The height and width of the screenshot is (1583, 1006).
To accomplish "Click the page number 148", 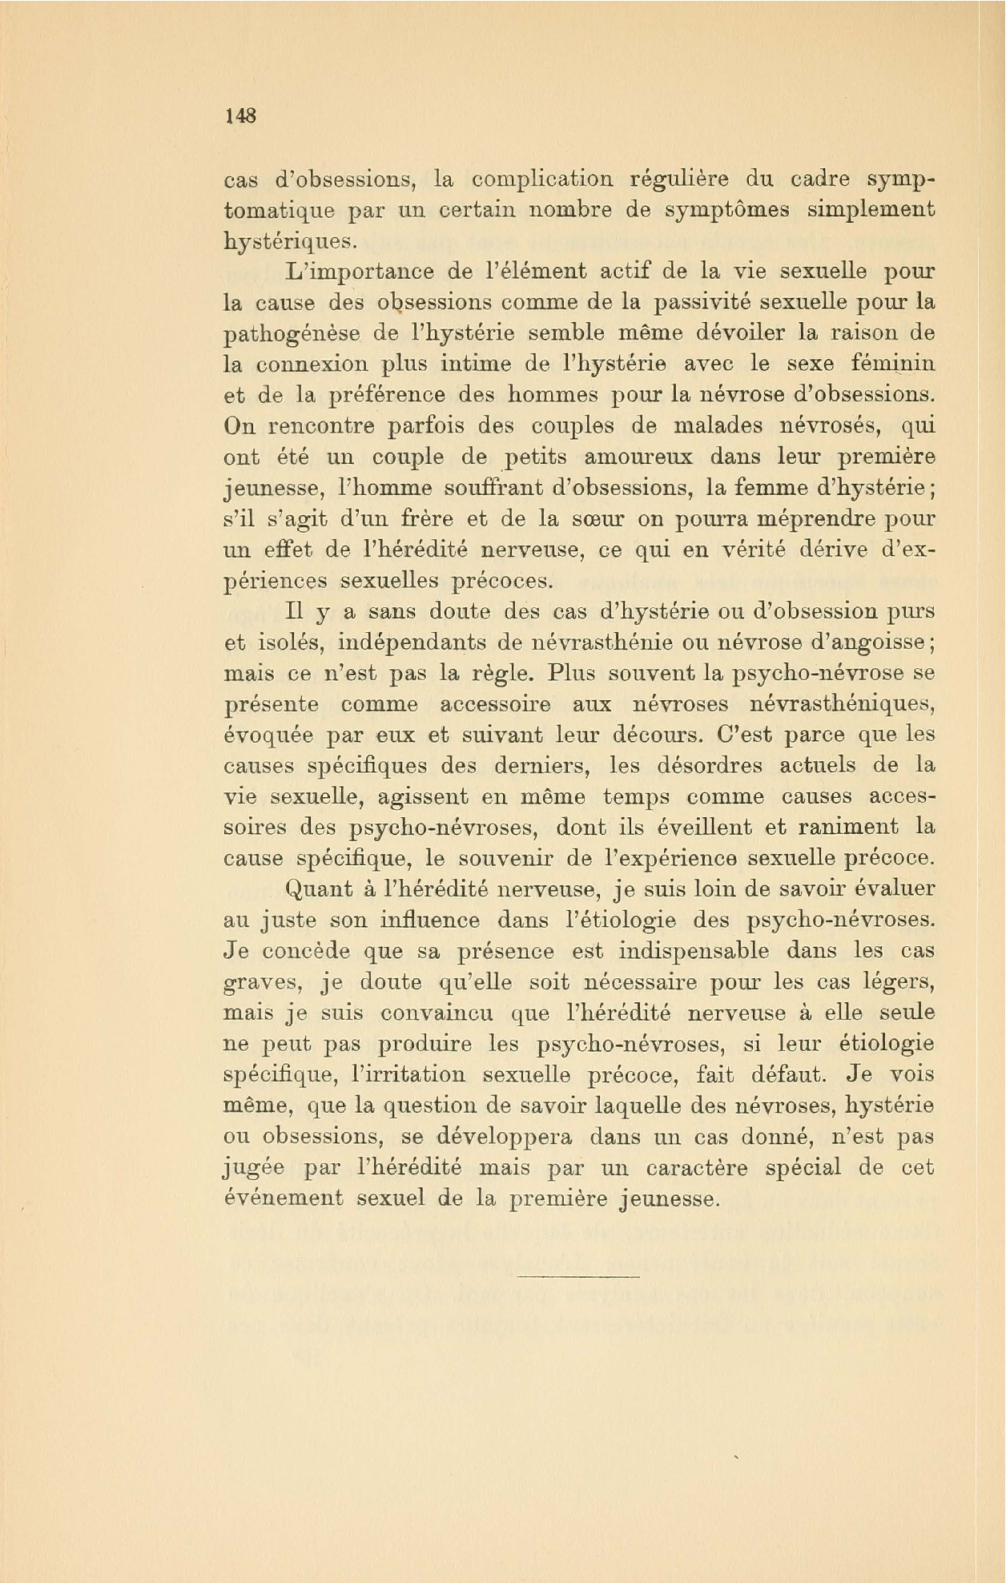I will (240, 116).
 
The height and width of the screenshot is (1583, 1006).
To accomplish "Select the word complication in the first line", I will (542, 179).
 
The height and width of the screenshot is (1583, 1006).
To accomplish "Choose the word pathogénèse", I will (293, 334).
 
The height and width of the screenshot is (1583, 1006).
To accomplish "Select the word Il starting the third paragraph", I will (294, 612).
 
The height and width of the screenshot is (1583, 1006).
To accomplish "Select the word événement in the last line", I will (283, 1199).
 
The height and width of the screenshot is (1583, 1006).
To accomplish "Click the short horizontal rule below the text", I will (578, 1275).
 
